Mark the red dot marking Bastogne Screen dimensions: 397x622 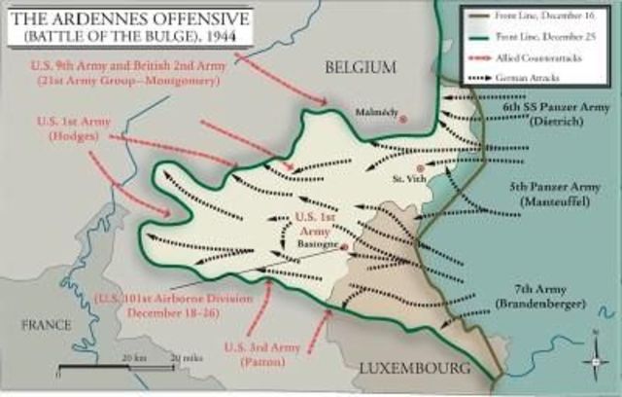click(x=346, y=248)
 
